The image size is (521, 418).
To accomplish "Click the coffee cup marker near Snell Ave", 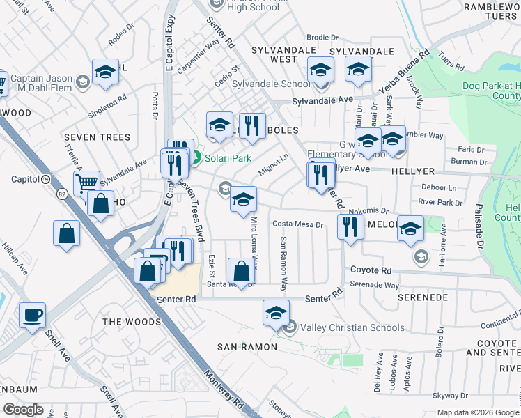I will coord(33,316).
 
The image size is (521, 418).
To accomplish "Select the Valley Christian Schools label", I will coord(352,327).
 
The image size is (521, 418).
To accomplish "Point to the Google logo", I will coord(24,410).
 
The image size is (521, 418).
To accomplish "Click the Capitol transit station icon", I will coord(45,179).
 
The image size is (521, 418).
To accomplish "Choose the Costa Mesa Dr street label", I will coord(298,224).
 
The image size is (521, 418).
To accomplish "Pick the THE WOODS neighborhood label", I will coord(132,322).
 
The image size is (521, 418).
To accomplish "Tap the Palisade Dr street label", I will coord(479,229).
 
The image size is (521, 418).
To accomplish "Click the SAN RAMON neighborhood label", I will coord(247,347).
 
